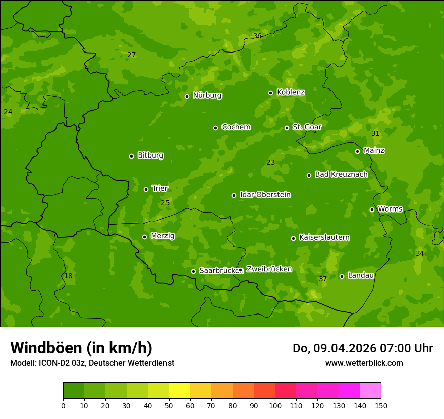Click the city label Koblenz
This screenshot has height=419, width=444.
291,92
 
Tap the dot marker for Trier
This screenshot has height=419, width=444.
146,189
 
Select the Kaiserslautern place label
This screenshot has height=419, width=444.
324,237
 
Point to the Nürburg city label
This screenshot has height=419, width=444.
207,95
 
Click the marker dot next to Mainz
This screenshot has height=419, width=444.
357,151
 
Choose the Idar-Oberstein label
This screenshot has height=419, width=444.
265,195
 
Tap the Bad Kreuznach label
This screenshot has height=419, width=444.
341,174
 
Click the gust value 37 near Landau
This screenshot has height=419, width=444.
323,279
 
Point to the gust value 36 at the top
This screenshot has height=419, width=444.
257,36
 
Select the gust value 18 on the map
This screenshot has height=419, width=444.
68,276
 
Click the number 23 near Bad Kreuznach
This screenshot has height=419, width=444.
271,162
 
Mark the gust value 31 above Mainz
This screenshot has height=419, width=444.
375,133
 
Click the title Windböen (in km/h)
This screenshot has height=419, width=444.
81,348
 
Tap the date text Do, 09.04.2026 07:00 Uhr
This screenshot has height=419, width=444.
363,348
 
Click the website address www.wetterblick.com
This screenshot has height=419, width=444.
364,363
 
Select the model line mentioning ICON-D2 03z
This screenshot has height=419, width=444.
92,363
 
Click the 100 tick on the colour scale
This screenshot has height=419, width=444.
275,405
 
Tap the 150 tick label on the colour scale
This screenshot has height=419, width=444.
381,405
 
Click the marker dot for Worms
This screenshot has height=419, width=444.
372,210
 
